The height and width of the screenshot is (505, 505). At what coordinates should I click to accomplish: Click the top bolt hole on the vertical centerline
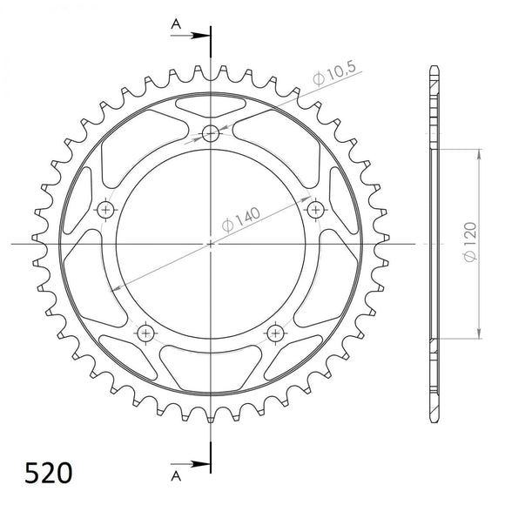[210, 133]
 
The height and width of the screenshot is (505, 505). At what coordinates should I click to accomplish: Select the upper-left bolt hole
[106, 209]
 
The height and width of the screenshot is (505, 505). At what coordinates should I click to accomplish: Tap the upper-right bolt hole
[313, 209]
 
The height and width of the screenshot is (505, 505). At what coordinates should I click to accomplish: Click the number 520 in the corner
[37, 473]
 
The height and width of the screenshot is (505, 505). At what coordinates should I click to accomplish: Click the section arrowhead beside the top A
[202, 36]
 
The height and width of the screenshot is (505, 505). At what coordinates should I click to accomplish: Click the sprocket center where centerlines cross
[210, 244]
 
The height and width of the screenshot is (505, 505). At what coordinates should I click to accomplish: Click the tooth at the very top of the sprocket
[210, 69]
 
